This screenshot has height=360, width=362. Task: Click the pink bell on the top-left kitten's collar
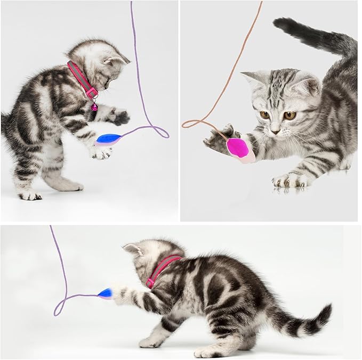[94, 107]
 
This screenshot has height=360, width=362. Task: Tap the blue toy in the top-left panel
[109, 139]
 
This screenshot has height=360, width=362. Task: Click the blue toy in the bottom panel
[106, 293]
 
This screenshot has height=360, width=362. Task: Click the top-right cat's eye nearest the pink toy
[264, 114]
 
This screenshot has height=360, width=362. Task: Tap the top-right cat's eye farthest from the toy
[289, 115]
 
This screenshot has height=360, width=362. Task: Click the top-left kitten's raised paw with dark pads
[120, 116]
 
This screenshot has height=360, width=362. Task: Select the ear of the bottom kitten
[132, 249]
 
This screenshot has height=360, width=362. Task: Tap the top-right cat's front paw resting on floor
[285, 181]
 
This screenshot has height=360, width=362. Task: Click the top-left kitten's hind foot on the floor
[29, 195]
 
